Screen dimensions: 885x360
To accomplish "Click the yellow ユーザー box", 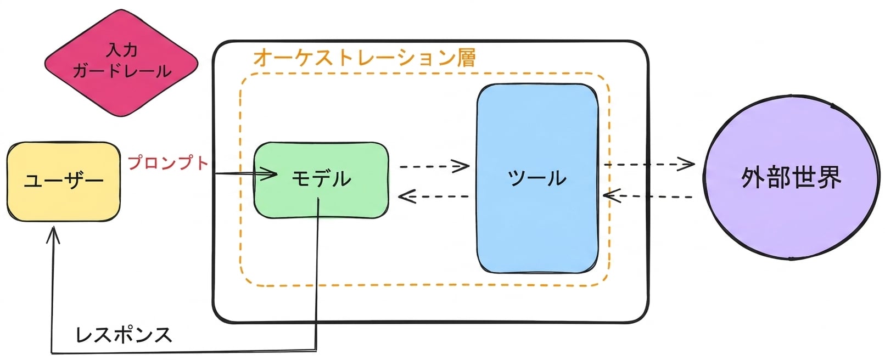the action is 64,182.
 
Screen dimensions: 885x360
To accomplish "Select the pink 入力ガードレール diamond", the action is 121,63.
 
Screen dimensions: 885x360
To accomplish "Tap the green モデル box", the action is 321,180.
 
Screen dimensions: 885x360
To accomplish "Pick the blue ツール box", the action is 537,178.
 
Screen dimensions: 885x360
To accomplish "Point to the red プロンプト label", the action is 168,162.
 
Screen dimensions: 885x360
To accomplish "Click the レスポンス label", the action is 124,335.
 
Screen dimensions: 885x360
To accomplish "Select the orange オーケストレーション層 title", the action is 365,58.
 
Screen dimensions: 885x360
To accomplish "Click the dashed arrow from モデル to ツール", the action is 434,166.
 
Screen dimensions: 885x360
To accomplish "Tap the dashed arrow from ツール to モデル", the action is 433,196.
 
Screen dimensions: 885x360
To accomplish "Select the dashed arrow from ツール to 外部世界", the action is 649,164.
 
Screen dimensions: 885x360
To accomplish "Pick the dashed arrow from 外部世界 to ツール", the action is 648,196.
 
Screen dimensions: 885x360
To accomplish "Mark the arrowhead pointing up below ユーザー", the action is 53,235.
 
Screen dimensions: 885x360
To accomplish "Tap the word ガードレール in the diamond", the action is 122,71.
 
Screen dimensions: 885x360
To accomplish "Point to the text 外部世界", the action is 791,178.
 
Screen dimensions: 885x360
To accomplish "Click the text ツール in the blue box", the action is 537,178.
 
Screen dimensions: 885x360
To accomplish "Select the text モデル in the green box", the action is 321,178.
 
